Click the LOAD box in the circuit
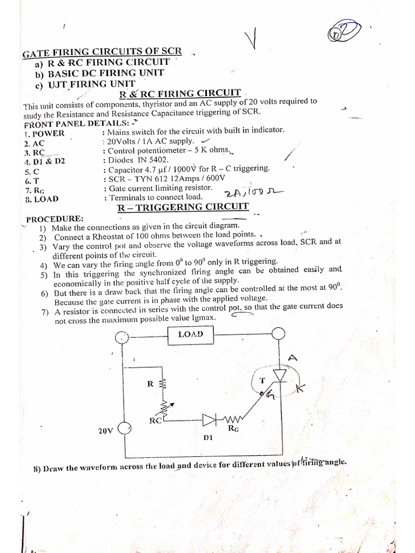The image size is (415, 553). pyautogui.click(x=190, y=334)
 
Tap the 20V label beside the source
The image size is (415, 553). pyautogui.click(x=106, y=431)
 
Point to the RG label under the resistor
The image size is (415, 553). pyautogui.click(x=233, y=429)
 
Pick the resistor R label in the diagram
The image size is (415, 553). pyautogui.click(x=150, y=384)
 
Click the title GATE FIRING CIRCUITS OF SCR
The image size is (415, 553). pyautogui.click(x=102, y=53)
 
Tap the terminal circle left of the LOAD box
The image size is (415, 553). pyautogui.click(x=123, y=338)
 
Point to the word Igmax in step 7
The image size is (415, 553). pyautogui.click(x=203, y=319)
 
